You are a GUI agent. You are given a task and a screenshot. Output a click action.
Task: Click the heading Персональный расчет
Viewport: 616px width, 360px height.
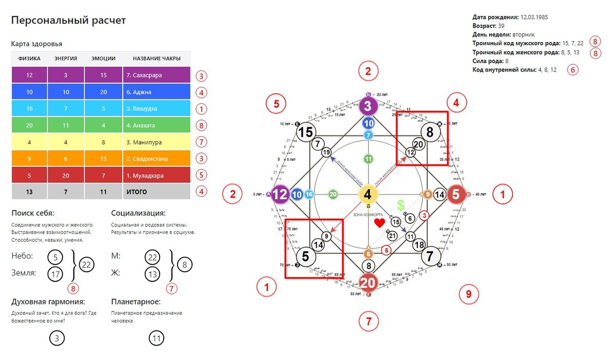pyautogui.click(x=68, y=21)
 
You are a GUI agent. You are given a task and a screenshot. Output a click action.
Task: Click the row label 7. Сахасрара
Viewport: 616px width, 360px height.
pyautogui.click(x=144, y=75)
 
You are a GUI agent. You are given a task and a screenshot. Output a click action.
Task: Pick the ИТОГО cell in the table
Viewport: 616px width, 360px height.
pyautogui.click(x=137, y=192)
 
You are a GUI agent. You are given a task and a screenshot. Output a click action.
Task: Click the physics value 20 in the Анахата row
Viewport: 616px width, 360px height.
pyautogui.click(x=29, y=125)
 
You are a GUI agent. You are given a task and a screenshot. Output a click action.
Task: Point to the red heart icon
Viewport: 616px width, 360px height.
pyautogui.click(x=379, y=222)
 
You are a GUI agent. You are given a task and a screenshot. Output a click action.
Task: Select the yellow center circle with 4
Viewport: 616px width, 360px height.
pyautogui.click(x=368, y=195)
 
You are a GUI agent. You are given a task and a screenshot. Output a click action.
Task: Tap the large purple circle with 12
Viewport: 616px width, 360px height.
pyautogui.click(x=281, y=195)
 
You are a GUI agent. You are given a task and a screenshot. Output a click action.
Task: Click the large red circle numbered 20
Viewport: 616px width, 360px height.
pyautogui.click(x=368, y=282)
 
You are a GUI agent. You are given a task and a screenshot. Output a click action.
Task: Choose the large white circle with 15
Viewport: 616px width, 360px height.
pyautogui.click(x=306, y=132)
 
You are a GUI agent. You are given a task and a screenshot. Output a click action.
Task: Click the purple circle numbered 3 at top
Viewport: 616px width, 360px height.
pyautogui.click(x=368, y=107)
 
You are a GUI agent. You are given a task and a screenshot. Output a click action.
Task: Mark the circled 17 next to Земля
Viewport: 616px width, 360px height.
pyautogui.click(x=55, y=274)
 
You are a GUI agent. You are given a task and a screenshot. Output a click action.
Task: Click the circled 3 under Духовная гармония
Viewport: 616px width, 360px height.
pyautogui.click(x=57, y=338)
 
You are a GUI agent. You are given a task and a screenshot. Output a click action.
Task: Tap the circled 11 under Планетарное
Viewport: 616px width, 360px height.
pyautogui.click(x=157, y=338)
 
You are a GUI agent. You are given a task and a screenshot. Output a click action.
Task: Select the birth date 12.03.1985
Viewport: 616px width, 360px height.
pyautogui.click(x=534, y=17)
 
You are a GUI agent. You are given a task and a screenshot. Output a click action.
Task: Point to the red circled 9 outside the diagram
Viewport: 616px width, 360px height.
pyautogui.click(x=468, y=294)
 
